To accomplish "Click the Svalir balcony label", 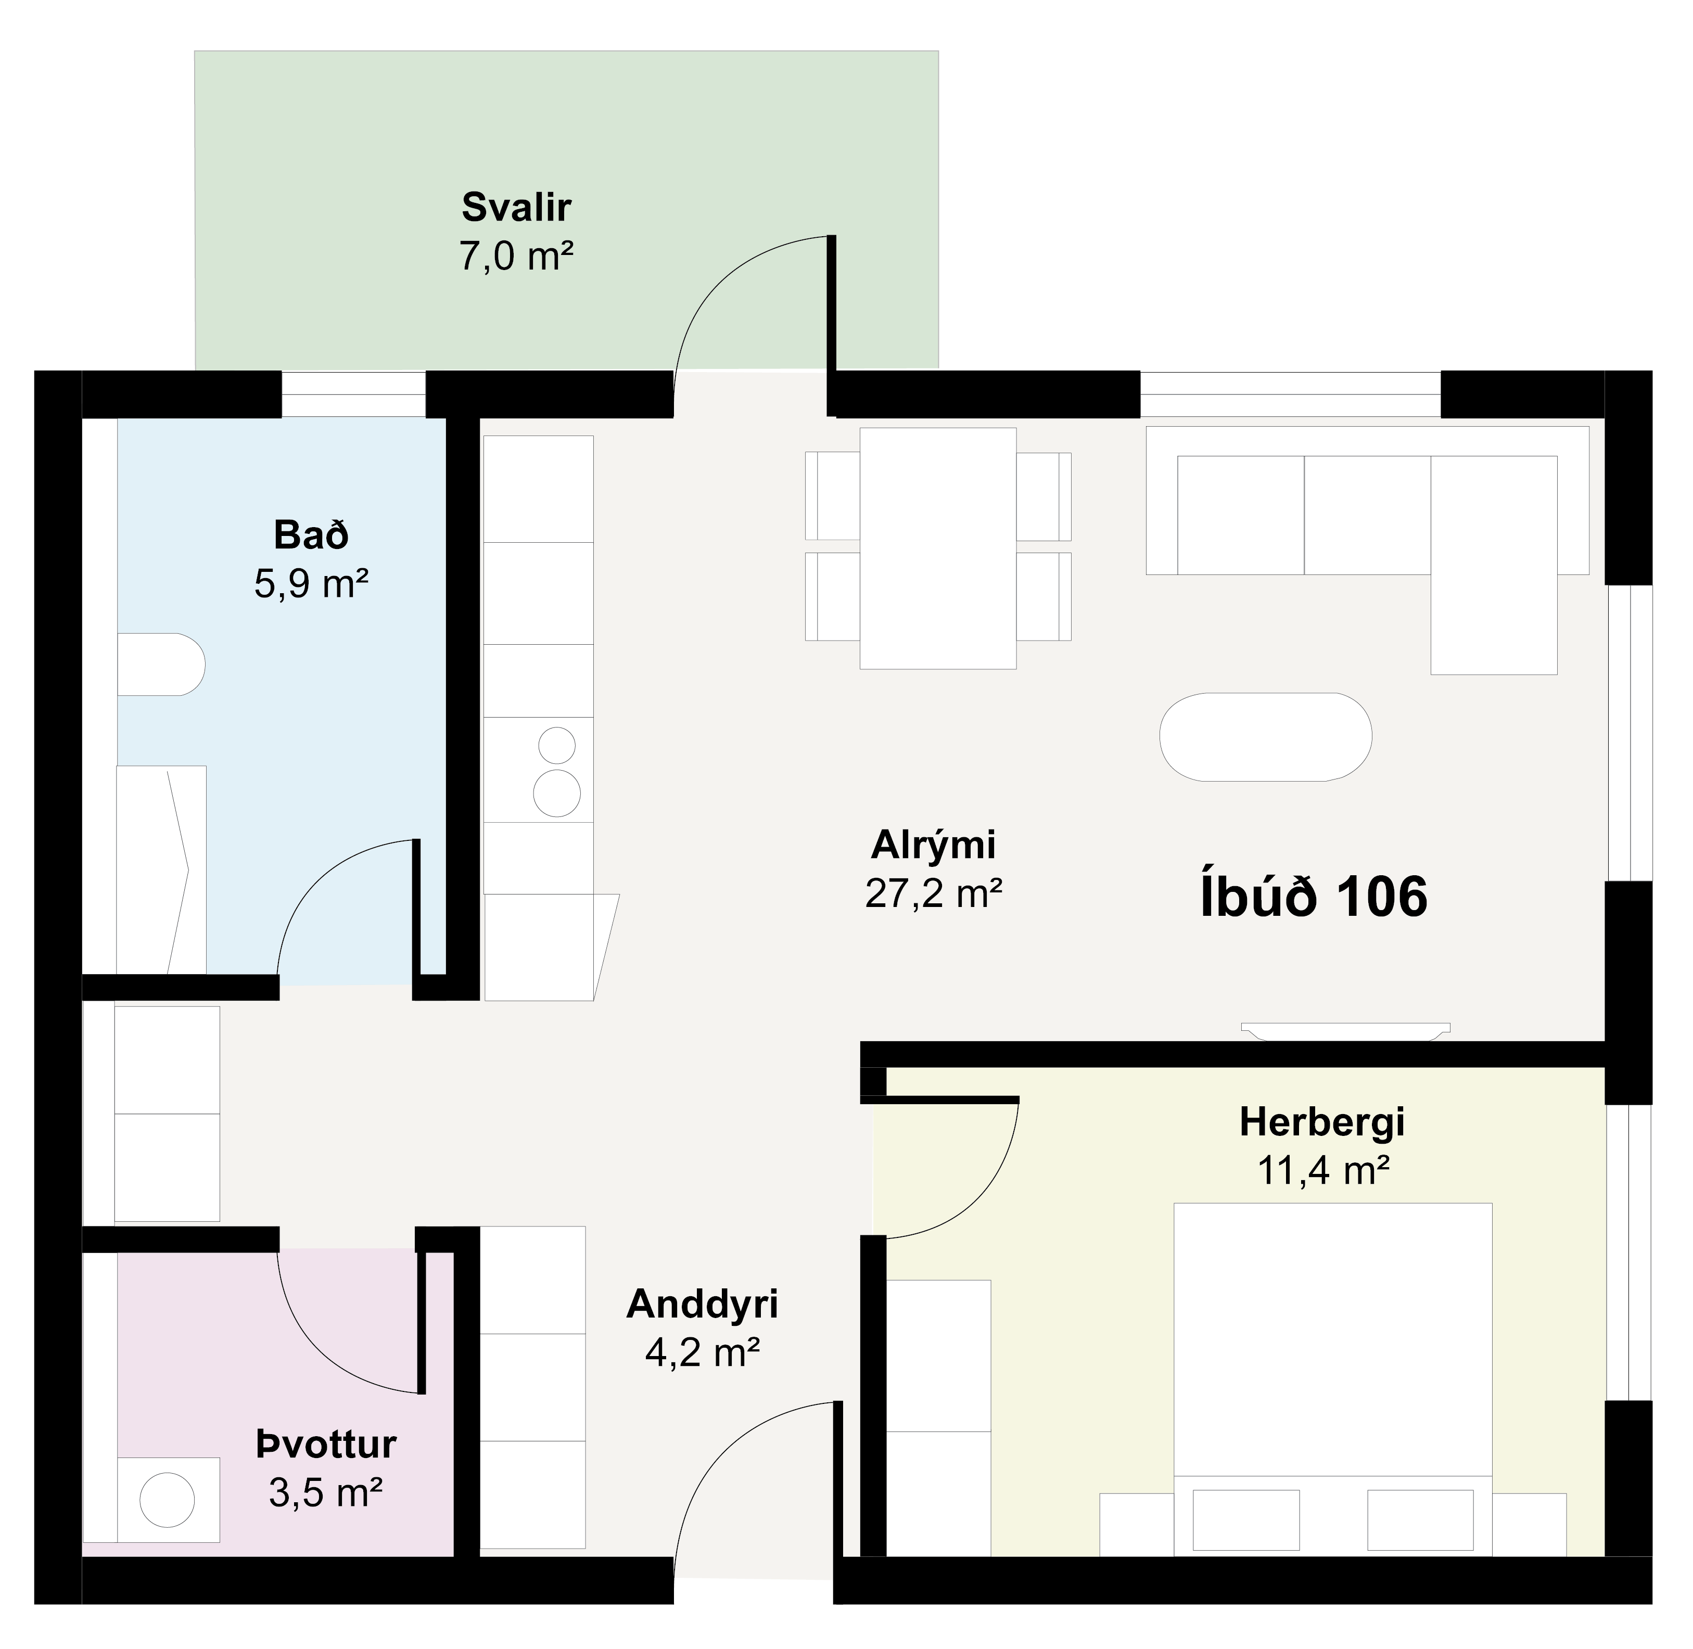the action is pyautogui.click(x=516, y=208).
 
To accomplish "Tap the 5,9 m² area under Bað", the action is pyautogui.click(x=312, y=584).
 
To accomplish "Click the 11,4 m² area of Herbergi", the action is pyautogui.click(x=1323, y=1171).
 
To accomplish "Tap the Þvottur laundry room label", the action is pyautogui.click(x=327, y=1444).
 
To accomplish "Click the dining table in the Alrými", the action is pyautogui.click(x=937, y=548).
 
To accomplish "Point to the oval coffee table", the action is pyautogui.click(x=1266, y=737).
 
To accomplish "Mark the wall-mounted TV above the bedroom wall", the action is pyautogui.click(x=1345, y=1031).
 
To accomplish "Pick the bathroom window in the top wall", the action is pyautogui.click(x=353, y=394).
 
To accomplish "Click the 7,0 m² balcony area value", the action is pyautogui.click(x=516, y=257).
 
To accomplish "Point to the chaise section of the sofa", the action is pyautogui.click(x=1494, y=565).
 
